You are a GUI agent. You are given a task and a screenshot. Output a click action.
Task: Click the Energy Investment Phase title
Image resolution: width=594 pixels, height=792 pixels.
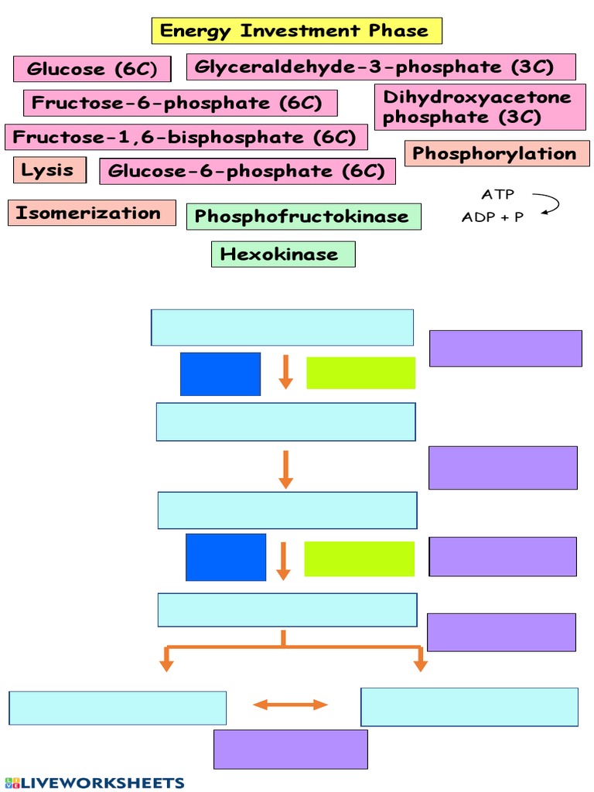296,32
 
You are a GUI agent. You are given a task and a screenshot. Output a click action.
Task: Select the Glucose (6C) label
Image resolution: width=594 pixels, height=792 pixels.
91,70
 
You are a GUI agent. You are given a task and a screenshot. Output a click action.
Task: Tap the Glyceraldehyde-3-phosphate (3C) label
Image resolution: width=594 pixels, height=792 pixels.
381,67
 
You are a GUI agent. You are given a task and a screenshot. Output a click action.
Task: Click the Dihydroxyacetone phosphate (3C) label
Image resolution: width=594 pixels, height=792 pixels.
480,108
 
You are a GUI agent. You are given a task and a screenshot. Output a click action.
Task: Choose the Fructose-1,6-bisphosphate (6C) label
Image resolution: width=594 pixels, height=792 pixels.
186,138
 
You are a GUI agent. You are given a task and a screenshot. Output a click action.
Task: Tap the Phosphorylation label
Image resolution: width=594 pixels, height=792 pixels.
497,154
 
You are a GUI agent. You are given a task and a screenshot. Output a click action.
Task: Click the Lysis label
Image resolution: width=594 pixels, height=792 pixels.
49,170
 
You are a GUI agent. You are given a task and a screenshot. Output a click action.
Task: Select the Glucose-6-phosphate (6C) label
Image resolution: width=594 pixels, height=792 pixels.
247,171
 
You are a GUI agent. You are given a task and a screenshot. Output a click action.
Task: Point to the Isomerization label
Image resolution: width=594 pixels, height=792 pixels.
91,213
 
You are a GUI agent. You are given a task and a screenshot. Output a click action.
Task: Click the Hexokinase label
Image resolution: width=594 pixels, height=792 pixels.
282,254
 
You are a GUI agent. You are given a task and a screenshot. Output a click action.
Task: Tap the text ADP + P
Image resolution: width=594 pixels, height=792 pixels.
493,217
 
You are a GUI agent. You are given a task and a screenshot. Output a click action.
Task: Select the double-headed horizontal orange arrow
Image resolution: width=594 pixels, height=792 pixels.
291,704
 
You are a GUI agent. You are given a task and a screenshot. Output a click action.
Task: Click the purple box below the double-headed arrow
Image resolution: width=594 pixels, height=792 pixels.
290,749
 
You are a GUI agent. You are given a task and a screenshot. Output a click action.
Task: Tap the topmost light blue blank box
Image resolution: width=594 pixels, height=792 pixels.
282,327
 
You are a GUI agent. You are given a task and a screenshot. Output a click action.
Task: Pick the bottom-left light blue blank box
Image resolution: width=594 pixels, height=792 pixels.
118,708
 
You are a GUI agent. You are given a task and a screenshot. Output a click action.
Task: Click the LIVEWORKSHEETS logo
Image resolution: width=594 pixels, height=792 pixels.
94,783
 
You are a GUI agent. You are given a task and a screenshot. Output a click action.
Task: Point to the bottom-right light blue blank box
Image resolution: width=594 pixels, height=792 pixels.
469,707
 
